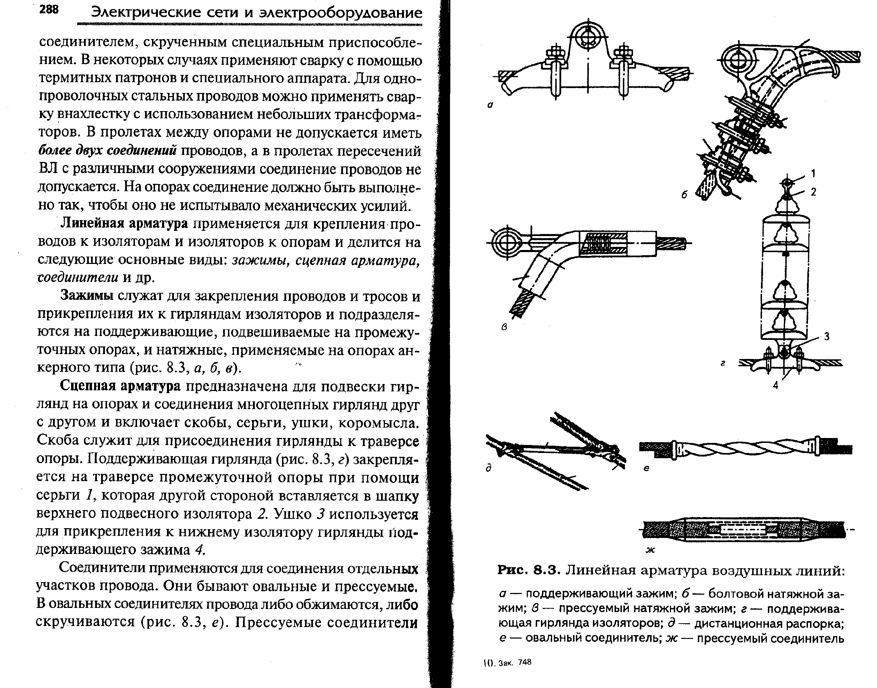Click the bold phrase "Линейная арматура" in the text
124,224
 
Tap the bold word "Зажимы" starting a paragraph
87,296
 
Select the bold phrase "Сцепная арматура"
120,386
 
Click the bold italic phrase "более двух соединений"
107,151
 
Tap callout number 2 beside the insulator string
813,192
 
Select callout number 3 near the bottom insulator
826,336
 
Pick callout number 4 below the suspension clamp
775,385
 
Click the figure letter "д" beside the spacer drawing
489,468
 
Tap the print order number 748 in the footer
525,662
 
